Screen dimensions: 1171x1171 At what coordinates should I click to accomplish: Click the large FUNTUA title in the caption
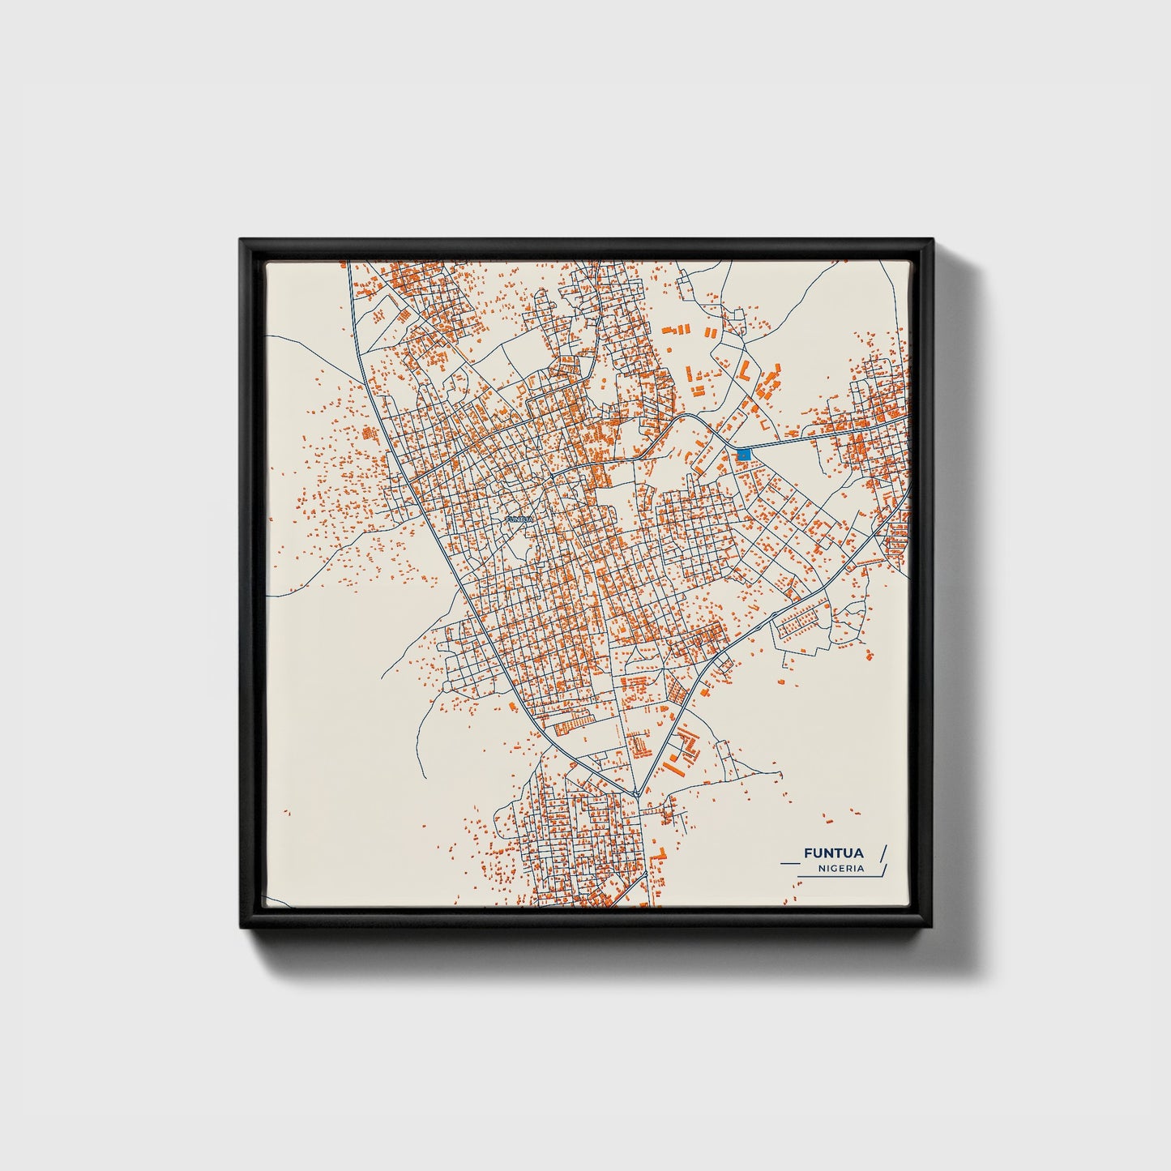point(833,853)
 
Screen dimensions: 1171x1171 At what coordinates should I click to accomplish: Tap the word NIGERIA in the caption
point(840,869)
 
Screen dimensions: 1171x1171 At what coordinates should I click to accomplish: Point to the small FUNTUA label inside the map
point(519,519)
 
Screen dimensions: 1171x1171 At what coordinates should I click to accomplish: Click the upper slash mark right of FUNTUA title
point(883,853)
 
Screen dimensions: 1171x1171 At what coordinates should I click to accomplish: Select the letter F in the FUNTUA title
point(807,853)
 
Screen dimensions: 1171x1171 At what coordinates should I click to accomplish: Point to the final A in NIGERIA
point(861,869)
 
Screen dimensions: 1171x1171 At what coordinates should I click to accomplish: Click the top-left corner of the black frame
point(241,241)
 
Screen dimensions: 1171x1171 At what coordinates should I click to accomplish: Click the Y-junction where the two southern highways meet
point(638,793)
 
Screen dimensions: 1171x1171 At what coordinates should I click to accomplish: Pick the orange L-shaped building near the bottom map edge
point(662,853)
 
